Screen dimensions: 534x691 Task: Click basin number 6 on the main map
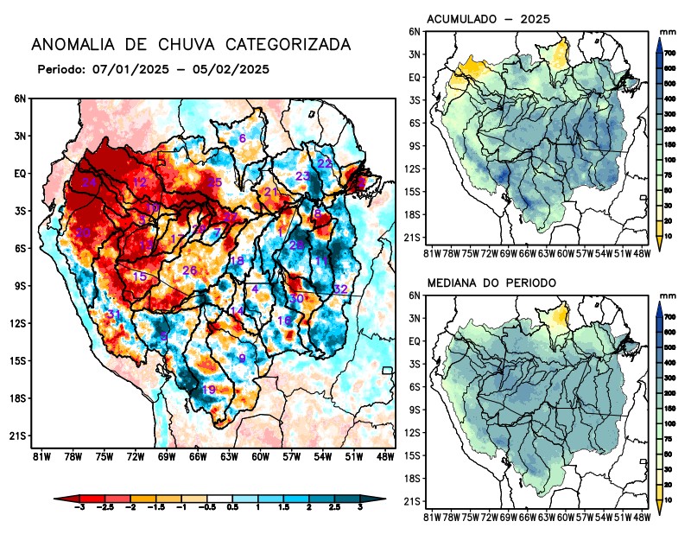(243, 138)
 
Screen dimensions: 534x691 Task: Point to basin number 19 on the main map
(208, 390)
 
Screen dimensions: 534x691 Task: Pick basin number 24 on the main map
(89, 182)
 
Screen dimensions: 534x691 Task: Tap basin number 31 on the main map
(113, 313)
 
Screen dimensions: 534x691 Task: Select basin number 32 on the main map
(340, 289)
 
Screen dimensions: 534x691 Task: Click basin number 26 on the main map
(190, 270)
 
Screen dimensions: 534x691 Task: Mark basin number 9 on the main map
(243, 358)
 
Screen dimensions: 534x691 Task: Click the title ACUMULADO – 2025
(489, 19)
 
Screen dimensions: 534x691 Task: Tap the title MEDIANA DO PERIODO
(491, 283)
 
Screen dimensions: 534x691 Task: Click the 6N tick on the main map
(20, 99)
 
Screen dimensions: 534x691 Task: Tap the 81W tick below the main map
(40, 456)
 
